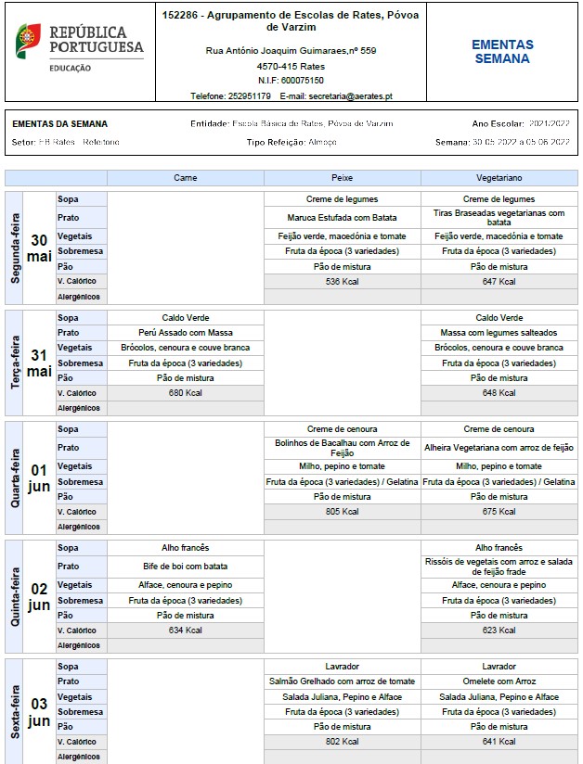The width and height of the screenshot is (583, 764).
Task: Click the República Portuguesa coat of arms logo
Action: click(29, 40)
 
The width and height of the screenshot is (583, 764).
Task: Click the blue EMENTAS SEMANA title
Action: click(502, 51)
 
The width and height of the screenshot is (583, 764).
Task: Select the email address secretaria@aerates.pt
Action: click(350, 95)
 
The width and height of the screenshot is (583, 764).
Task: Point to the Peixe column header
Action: click(343, 177)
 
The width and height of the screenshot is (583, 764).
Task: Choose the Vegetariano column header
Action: click(499, 177)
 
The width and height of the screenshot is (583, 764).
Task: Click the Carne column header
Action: click(186, 177)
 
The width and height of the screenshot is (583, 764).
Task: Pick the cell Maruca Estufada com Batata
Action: click(343, 218)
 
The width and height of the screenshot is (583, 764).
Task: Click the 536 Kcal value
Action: click(343, 281)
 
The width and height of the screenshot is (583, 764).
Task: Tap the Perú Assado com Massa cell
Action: click(186, 333)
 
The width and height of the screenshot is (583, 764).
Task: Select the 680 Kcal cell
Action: click(186, 392)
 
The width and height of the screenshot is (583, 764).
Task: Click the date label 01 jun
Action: click(39, 477)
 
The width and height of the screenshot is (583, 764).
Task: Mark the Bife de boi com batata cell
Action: click(186, 566)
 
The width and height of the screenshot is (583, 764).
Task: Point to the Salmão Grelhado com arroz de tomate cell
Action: click(343, 681)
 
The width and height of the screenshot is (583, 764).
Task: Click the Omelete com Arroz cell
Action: click(499, 681)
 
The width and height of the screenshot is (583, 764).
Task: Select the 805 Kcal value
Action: click(343, 512)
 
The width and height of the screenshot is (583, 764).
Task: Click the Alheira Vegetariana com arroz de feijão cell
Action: click(499, 448)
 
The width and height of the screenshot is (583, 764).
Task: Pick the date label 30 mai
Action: click(39, 248)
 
